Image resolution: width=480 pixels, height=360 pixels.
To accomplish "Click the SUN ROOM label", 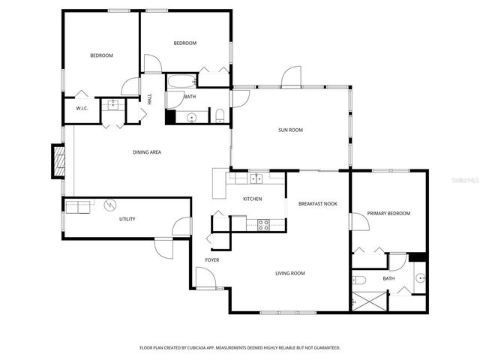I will click(x=290, y=130).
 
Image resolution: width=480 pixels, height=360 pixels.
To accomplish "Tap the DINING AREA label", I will click(x=147, y=152).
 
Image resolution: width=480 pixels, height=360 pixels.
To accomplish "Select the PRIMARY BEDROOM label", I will click(x=388, y=214).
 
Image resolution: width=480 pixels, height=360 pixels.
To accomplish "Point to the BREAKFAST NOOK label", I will click(x=318, y=203).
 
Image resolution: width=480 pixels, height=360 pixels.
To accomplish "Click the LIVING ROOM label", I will click(x=289, y=273).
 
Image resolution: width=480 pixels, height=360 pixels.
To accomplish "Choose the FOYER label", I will click(x=212, y=260).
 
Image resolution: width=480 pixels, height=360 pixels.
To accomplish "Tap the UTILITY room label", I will click(x=127, y=219).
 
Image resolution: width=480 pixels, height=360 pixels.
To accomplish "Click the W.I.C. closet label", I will click(x=82, y=109).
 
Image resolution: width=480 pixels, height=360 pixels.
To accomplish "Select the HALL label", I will click(x=149, y=98).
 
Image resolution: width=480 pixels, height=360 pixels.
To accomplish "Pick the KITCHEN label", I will click(x=252, y=199).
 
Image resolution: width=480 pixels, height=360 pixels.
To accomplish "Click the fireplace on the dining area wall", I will click(x=58, y=161).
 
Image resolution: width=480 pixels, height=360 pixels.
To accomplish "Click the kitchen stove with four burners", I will click(x=264, y=223).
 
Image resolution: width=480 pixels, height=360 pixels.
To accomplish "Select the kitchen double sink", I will click(x=256, y=178).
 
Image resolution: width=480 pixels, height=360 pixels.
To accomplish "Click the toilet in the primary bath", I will click(x=359, y=280).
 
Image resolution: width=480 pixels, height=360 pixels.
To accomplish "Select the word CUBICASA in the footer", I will click(x=220, y=348).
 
